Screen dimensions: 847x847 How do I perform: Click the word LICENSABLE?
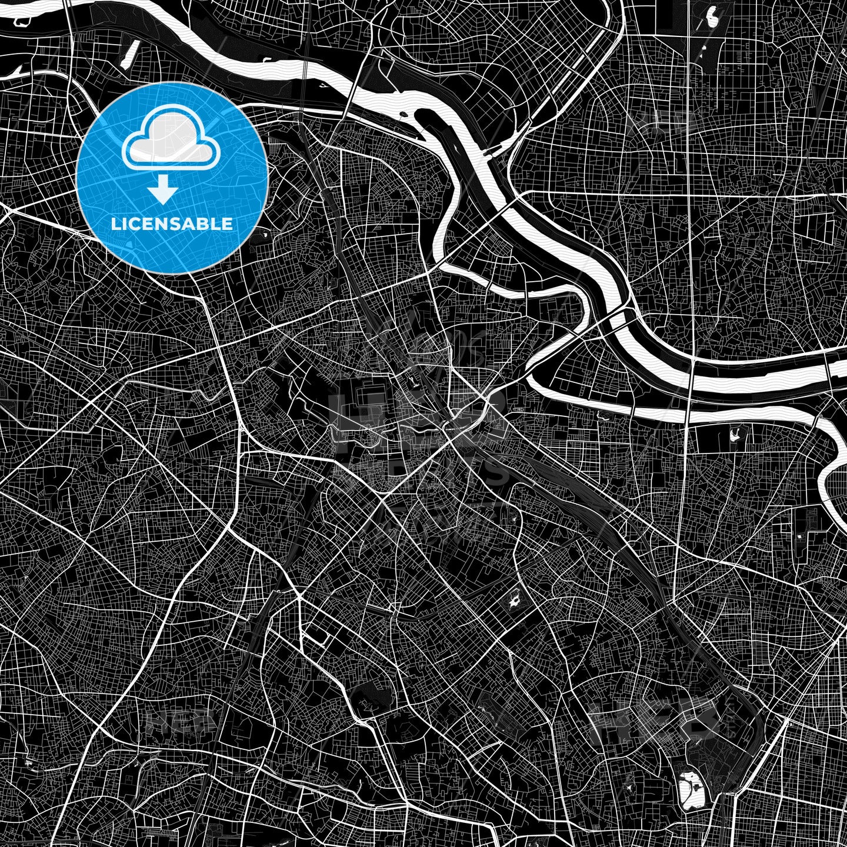click(x=172, y=224)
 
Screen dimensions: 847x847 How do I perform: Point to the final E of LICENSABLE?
click(x=228, y=224)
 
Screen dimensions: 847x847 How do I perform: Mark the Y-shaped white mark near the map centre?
click(x=416, y=381)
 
